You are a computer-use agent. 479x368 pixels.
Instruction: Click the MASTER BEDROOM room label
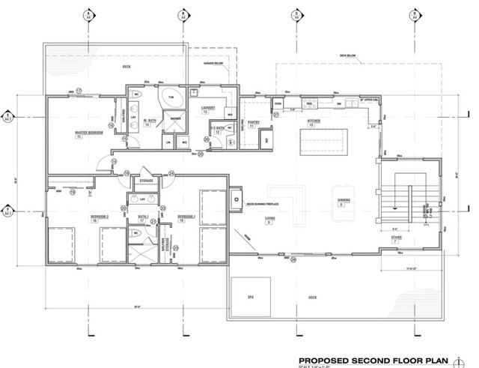pyautogui.click(x=88, y=135)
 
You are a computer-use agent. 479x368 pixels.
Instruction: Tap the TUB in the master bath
pyautogui.click(x=171, y=97)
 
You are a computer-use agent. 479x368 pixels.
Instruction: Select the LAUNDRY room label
pyautogui.click(x=208, y=109)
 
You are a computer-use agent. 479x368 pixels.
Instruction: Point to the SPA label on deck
pyautogui.click(x=251, y=297)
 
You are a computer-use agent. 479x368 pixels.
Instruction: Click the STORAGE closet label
pyautogui.click(x=146, y=181)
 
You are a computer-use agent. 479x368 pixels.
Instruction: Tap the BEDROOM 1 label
pyautogui.click(x=186, y=218)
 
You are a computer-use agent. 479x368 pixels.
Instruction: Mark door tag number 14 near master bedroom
pyautogui.click(x=115, y=161)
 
